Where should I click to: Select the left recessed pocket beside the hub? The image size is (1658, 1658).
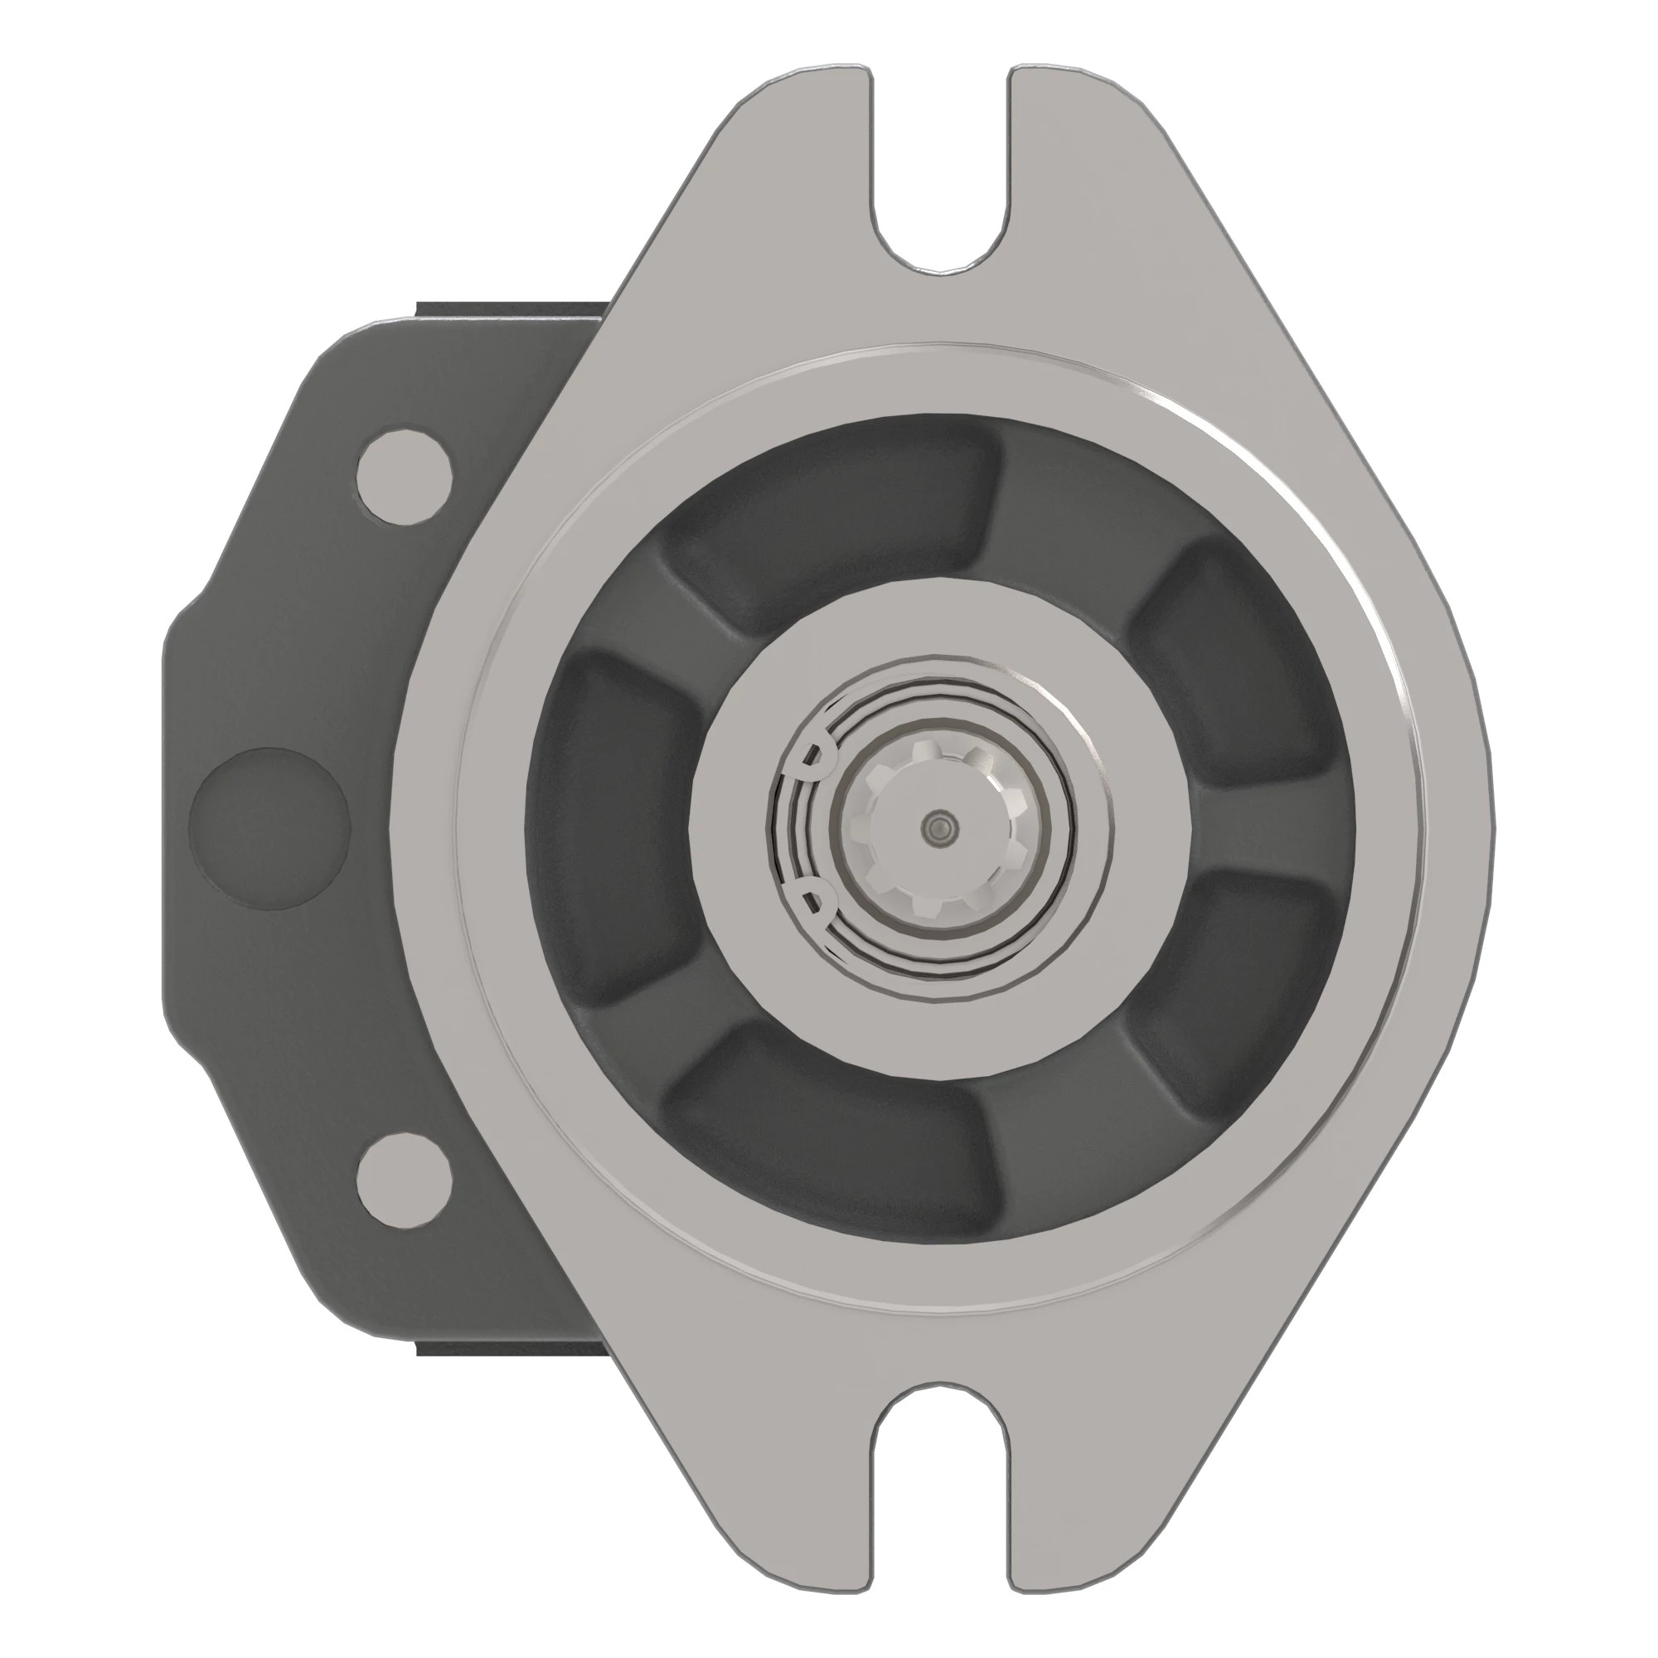(x=609, y=824)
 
